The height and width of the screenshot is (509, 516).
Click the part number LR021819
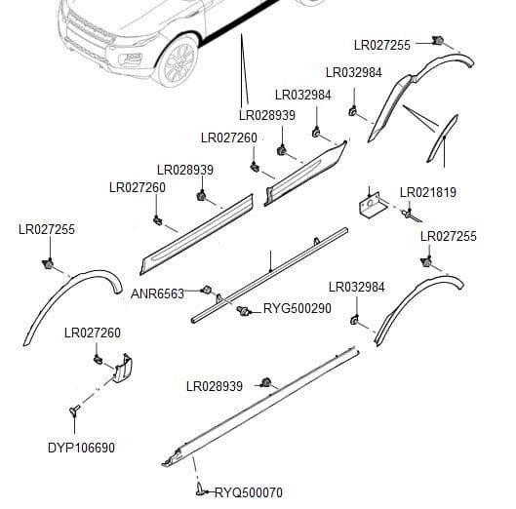click(427, 192)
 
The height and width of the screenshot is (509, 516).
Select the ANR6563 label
click(157, 294)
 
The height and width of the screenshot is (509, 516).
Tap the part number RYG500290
click(298, 308)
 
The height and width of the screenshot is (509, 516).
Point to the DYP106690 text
click(81, 448)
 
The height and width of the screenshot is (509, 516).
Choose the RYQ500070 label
click(248, 492)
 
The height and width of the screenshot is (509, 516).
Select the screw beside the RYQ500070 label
click(202, 489)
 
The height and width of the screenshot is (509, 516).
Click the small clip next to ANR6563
click(206, 290)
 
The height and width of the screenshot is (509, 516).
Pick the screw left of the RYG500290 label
click(243, 310)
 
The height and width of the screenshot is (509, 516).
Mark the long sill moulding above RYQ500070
click(263, 404)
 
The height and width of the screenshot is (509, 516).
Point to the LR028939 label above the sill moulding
click(214, 386)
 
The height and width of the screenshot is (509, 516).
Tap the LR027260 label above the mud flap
click(93, 333)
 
